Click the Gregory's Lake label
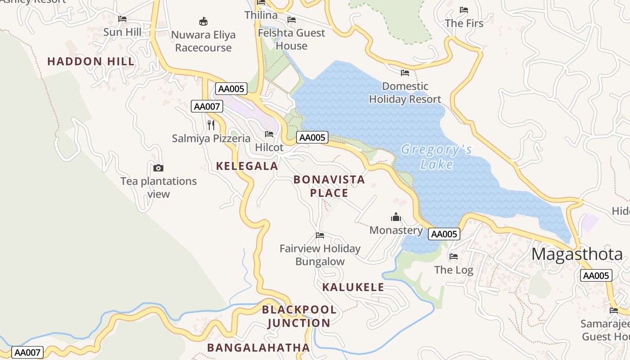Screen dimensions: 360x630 [436, 156]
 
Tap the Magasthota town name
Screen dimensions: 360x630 [577, 254]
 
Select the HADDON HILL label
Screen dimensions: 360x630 [91, 62]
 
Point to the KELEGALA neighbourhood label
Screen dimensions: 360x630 [247, 166]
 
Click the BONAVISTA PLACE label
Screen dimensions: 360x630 [329, 186]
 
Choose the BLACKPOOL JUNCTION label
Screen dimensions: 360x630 [299, 316]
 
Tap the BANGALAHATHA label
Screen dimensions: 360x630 [258, 347]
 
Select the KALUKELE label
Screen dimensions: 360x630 [353, 287]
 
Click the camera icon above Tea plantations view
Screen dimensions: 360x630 [158, 168]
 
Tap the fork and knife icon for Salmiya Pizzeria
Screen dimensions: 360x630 [211, 125]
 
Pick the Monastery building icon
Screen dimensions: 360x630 [396, 217]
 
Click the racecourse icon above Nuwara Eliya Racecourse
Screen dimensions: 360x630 [203, 21]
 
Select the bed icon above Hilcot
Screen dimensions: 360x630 [269, 134]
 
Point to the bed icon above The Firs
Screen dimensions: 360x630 [464, 10]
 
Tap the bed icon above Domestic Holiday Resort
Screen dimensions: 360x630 [405, 72]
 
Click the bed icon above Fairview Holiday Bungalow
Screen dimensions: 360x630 [320, 235]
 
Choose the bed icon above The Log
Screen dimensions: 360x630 [454, 256]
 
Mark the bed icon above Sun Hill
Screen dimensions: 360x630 [122, 19]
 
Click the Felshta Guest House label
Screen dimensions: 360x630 [291, 39]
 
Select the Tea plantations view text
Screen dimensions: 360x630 [158, 188]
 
